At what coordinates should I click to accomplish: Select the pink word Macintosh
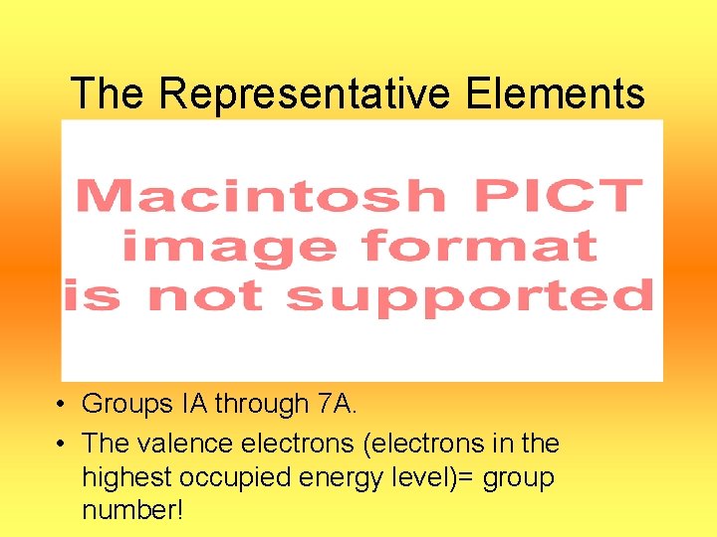[x=261, y=196]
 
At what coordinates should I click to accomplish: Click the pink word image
[x=231, y=245]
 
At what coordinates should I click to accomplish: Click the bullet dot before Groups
[x=61, y=406]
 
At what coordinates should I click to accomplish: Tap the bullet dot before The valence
[x=61, y=444]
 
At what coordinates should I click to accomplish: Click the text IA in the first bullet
[x=193, y=404]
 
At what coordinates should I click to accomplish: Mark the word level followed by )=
[x=412, y=477]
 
